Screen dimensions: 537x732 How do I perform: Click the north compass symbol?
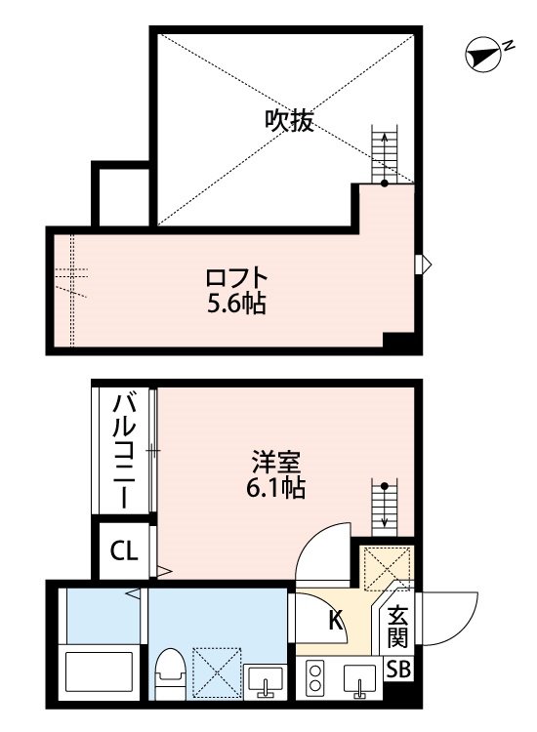pos(483,54)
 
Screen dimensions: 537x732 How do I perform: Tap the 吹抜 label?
pos(289,121)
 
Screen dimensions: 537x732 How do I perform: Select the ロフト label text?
pos(236,279)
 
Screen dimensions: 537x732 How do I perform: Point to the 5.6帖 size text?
pos(236,304)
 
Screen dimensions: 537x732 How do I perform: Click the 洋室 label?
pos(276,463)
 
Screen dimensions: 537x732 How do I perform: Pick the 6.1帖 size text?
pos(276,488)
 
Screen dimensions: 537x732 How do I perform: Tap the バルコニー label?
pos(125,451)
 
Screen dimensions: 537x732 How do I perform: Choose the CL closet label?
pos(124,550)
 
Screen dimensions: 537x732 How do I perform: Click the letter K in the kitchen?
pos(336,620)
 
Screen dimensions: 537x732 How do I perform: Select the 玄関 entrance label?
pos(397,627)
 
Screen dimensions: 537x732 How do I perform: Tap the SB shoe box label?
pos(398,670)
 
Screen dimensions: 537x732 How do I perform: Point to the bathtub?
pos(99,671)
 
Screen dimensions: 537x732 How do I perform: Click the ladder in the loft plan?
pos(385,155)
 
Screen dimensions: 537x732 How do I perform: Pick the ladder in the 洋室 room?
pos(385,508)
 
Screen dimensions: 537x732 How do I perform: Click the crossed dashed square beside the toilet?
pos(217,672)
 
